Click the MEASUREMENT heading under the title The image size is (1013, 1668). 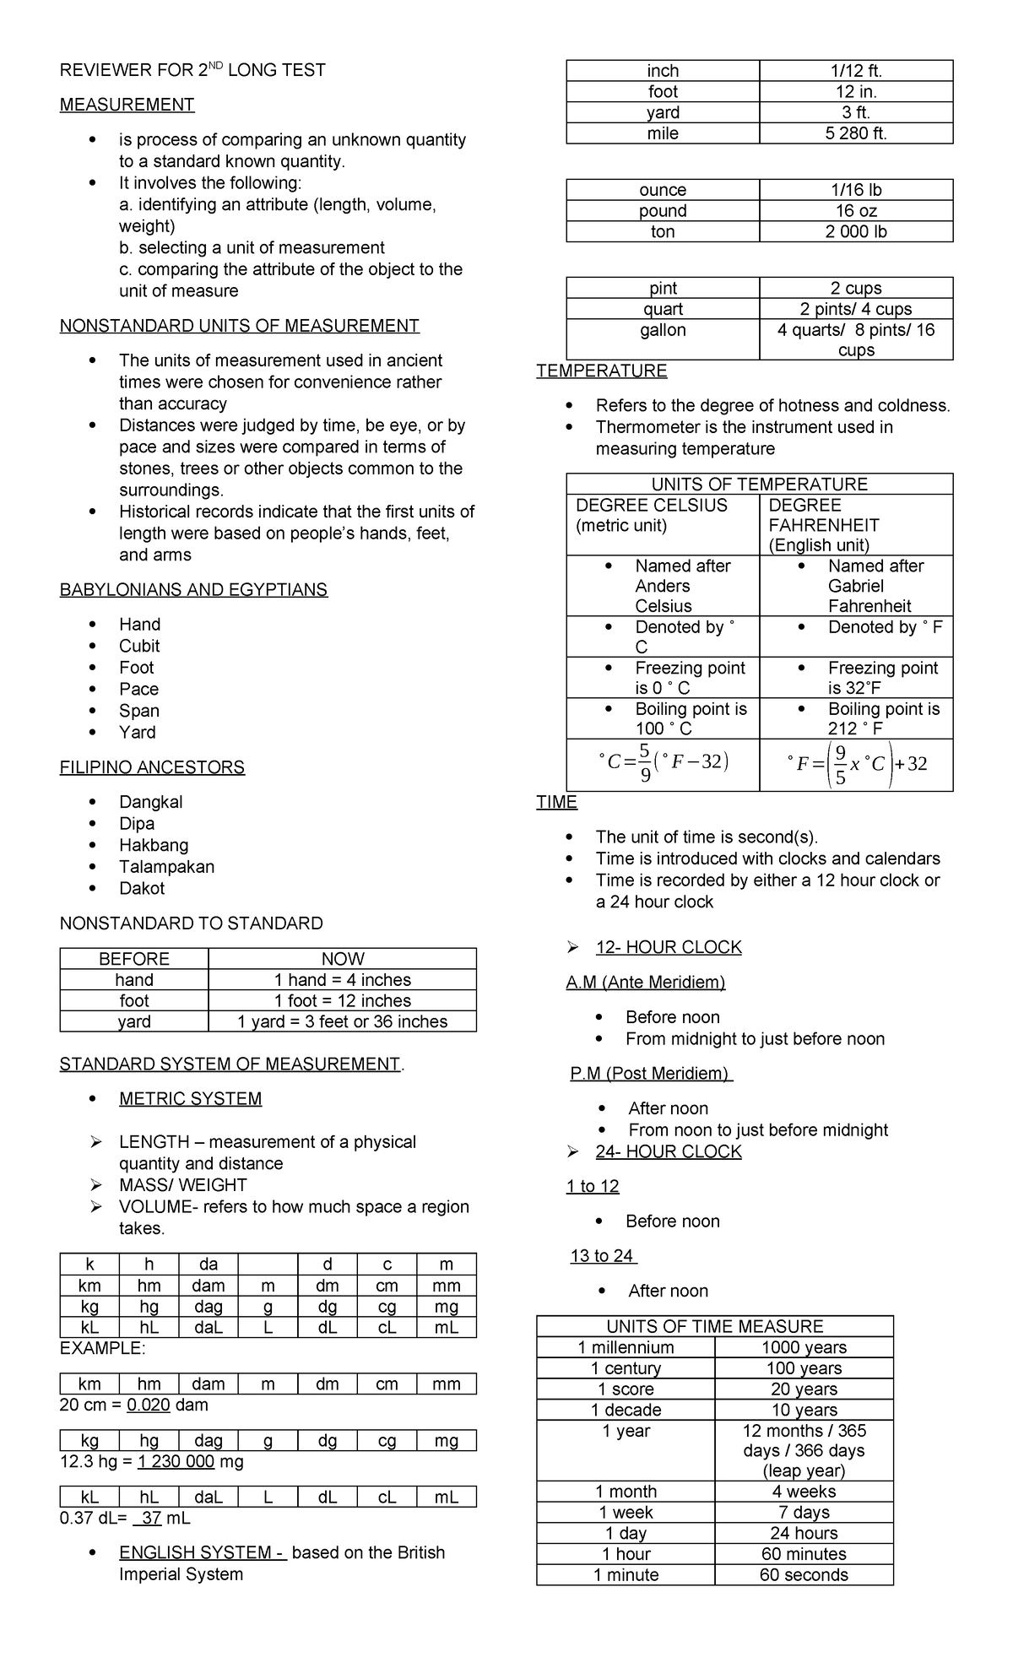[x=127, y=105]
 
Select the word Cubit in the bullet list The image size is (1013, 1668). [x=139, y=646]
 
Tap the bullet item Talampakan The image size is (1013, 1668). [x=166, y=867]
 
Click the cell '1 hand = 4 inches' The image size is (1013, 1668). [x=342, y=980]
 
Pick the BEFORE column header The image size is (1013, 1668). [x=134, y=959]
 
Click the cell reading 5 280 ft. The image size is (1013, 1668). [x=856, y=133]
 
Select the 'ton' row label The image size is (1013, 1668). [x=663, y=232]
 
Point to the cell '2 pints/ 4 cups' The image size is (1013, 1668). [x=856, y=309]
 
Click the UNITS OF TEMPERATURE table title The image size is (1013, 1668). [x=759, y=485]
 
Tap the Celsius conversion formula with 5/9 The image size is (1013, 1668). [x=663, y=764]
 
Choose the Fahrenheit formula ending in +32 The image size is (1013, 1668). [x=856, y=764]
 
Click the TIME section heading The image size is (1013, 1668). [x=556, y=802]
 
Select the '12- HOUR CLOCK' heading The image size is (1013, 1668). [x=668, y=947]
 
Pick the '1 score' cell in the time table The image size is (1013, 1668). [x=626, y=1389]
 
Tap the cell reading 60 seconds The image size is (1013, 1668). [x=804, y=1575]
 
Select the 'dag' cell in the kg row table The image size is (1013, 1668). [x=208, y=1441]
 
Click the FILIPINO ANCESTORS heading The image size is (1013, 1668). [x=152, y=767]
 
